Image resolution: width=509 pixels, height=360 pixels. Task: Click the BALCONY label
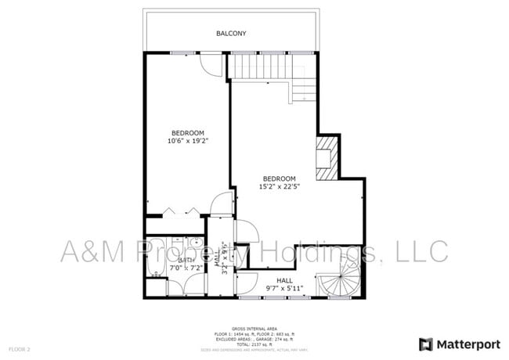click(231, 34)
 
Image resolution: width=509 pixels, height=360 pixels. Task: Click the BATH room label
click(186, 260)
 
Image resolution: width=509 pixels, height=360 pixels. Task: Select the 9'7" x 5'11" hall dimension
click(284, 289)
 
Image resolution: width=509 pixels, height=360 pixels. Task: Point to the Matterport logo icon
click(426, 344)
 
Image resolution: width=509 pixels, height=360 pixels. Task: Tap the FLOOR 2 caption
click(20, 347)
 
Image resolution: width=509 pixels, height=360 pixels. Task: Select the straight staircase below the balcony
click(258, 67)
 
